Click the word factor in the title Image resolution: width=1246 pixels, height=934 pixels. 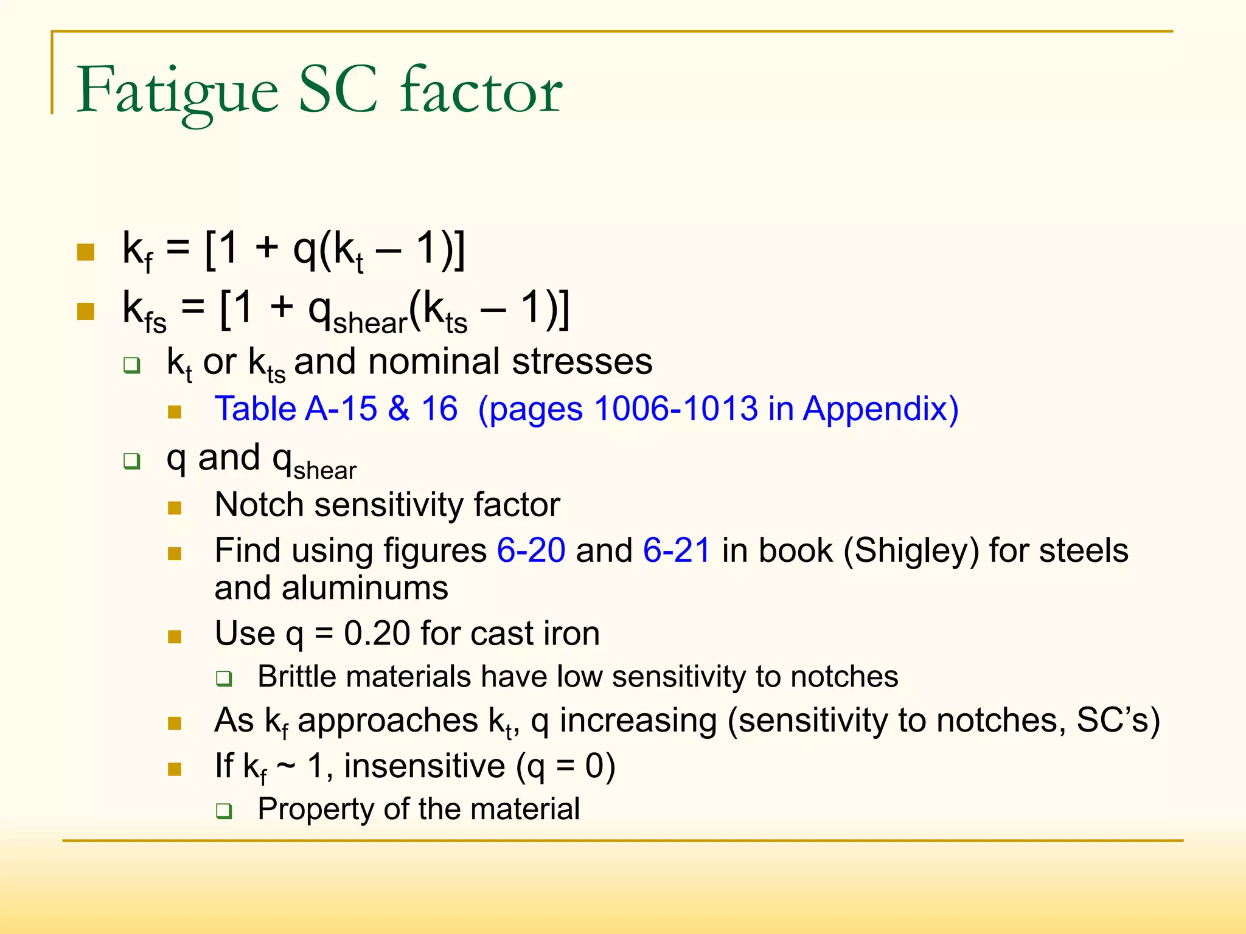click(x=481, y=91)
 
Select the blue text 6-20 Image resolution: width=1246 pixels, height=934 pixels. click(x=531, y=550)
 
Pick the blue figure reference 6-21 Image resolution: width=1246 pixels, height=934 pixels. click(x=677, y=550)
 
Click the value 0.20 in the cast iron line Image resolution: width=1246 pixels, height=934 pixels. click(x=377, y=634)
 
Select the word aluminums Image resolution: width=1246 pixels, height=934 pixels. click(x=365, y=589)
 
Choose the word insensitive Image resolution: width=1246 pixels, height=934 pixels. click(x=424, y=766)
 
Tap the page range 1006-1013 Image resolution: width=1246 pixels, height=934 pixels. click(x=675, y=409)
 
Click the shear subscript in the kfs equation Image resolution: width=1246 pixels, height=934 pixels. click(x=370, y=323)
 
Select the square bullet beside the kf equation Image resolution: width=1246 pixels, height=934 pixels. click(x=86, y=252)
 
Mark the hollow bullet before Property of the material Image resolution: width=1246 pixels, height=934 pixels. click(x=224, y=811)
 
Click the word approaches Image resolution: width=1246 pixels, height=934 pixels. click(x=388, y=721)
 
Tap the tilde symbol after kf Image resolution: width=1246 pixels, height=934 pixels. click(x=286, y=766)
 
